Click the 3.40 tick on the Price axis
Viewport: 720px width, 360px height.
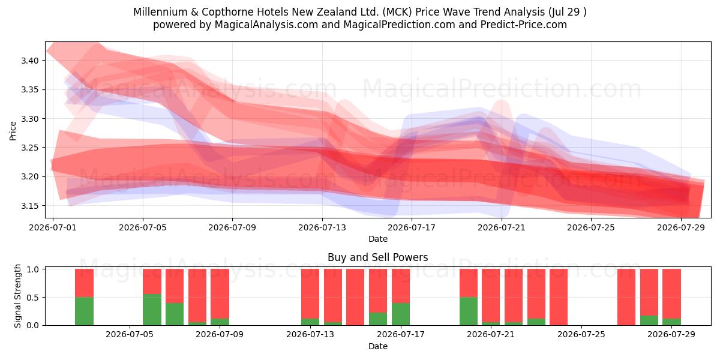[x=30, y=61]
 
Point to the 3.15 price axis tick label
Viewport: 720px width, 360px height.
[x=30, y=206]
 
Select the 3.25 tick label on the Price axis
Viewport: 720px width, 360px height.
[x=30, y=148]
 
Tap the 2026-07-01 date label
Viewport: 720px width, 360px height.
[x=53, y=227]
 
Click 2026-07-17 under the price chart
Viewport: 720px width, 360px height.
[x=412, y=227]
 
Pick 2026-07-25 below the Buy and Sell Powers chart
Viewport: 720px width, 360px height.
[x=581, y=334]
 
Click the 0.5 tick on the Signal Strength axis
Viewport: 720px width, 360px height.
[x=33, y=298]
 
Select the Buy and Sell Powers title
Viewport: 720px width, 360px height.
[x=377, y=257]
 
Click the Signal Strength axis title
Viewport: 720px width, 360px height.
[x=17, y=296]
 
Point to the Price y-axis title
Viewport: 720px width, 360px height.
[x=13, y=131]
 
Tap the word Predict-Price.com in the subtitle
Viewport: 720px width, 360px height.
[x=524, y=25]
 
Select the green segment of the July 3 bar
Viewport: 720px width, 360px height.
[x=84, y=311]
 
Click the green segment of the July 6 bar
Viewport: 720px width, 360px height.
[x=152, y=310]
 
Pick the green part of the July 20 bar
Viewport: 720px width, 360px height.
[x=469, y=311]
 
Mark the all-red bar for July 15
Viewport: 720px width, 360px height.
[x=355, y=297]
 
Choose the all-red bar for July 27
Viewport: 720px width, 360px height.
[x=626, y=297]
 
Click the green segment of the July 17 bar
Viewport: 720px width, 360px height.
[x=401, y=314]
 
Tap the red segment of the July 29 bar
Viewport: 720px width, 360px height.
[x=671, y=294]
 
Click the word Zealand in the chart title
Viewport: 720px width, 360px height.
[x=344, y=12]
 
